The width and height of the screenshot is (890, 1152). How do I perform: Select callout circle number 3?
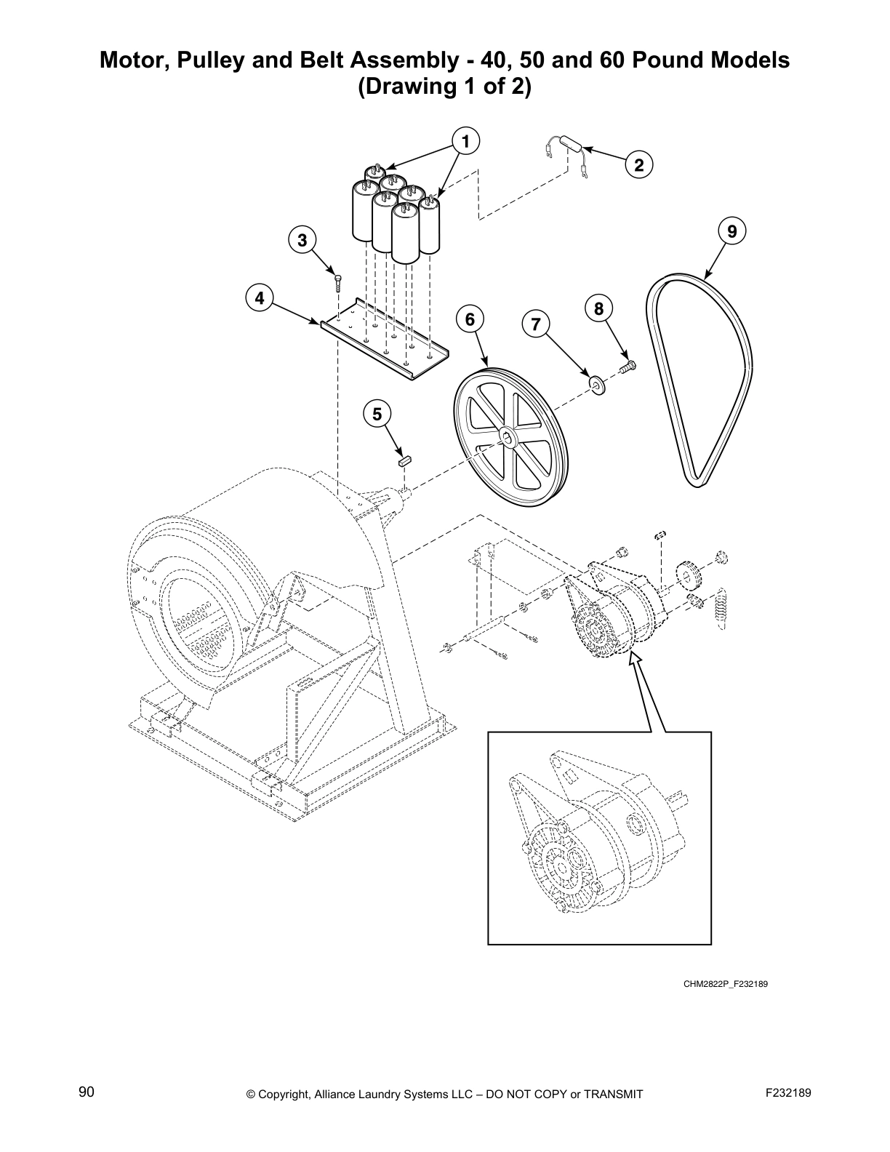pos(302,239)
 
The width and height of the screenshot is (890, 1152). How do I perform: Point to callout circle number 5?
pos(377,415)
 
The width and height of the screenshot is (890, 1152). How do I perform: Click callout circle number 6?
pos(469,319)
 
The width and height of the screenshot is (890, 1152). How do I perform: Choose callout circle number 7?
pos(536,324)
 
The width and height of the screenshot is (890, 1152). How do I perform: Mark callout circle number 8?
pos(598,309)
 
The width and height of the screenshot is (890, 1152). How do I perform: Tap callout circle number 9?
pos(731,232)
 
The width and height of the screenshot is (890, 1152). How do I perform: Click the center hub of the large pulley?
pos(507,439)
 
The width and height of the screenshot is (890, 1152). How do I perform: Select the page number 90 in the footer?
pos(87,1092)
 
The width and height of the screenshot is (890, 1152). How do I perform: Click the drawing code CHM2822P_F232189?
pos(725,984)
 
